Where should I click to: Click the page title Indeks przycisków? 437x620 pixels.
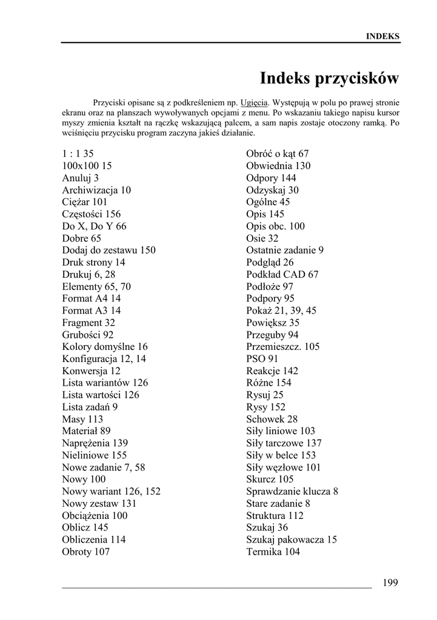click(329, 79)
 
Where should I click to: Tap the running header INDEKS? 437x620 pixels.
click(382, 36)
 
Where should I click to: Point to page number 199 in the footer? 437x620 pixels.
click(390, 582)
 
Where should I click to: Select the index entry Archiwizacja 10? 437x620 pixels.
click(96, 190)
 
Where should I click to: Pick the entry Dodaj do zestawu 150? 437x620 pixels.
click(108, 250)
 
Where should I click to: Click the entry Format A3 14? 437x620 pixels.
click(91, 311)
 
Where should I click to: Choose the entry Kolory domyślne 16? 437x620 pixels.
click(104, 347)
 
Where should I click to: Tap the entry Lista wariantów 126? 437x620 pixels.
click(105, 383)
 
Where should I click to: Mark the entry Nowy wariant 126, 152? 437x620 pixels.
click(111, 492)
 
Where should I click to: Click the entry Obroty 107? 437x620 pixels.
click(85, 552)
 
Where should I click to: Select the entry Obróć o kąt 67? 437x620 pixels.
click(277, 154)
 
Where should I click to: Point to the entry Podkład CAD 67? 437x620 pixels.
click(282, 274)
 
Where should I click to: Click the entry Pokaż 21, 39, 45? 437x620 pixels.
click(281, 311)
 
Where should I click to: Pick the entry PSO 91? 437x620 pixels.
click(262, 359)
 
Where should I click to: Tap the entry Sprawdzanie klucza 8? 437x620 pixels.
click(292, 492)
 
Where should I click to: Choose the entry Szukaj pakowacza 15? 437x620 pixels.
click(291, 539)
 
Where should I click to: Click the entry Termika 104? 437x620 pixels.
click(273, 552)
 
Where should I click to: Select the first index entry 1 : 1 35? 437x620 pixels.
click(78, 154)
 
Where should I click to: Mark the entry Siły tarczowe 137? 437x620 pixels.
click(284, 443)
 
